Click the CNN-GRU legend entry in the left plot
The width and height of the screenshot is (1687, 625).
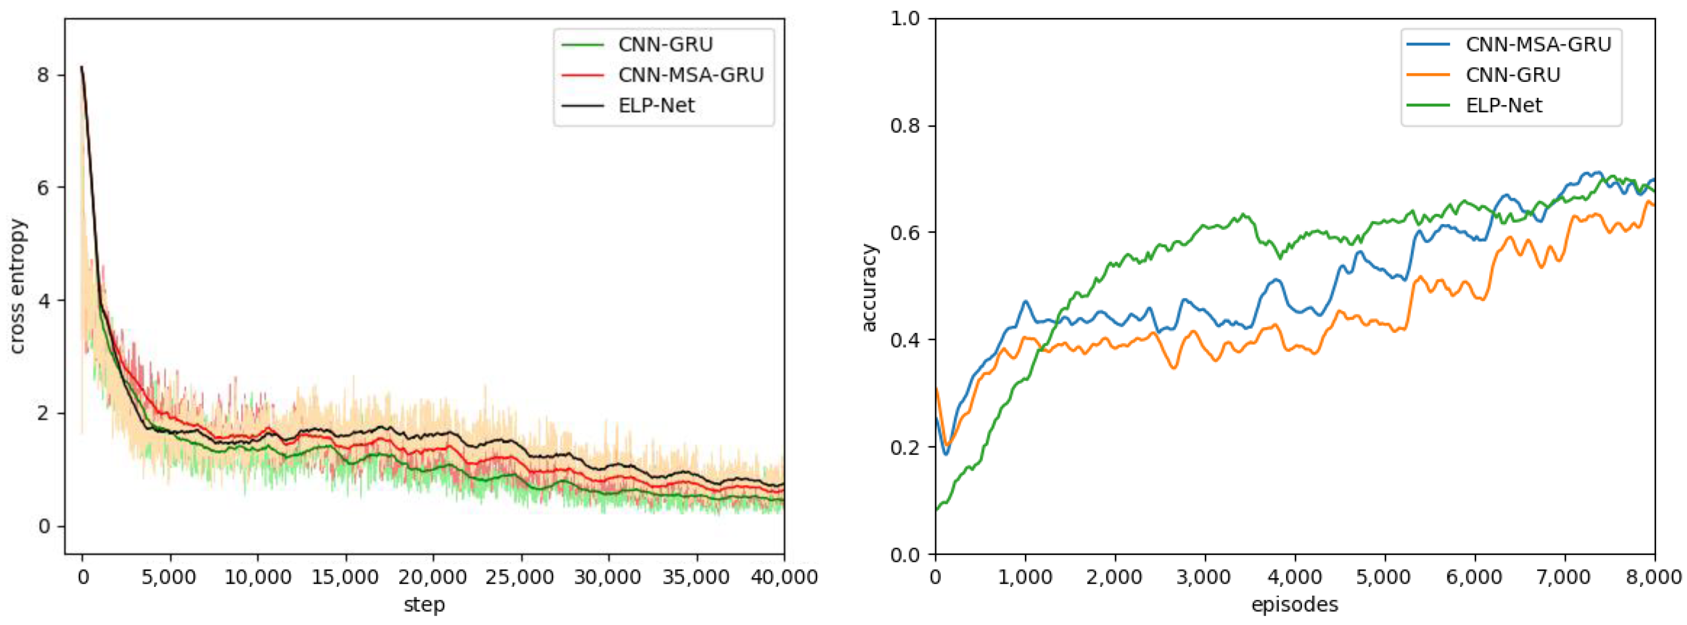664,44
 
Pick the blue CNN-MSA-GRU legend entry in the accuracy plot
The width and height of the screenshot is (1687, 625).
1538,44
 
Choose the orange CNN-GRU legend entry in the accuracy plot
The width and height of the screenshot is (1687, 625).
1512,75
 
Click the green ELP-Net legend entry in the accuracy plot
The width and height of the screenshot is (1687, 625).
1503,106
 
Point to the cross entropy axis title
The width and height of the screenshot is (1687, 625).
18,286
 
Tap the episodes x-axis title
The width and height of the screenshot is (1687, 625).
1294,604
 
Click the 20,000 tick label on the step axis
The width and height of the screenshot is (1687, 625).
433,577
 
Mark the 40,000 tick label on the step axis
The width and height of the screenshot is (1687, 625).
784,577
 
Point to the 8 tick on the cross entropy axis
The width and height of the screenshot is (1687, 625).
43,75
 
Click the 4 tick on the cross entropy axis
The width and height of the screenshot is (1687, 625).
43,301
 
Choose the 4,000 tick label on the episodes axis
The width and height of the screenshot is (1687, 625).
1295,577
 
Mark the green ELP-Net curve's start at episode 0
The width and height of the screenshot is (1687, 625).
936,509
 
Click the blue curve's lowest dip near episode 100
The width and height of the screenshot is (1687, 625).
946,454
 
